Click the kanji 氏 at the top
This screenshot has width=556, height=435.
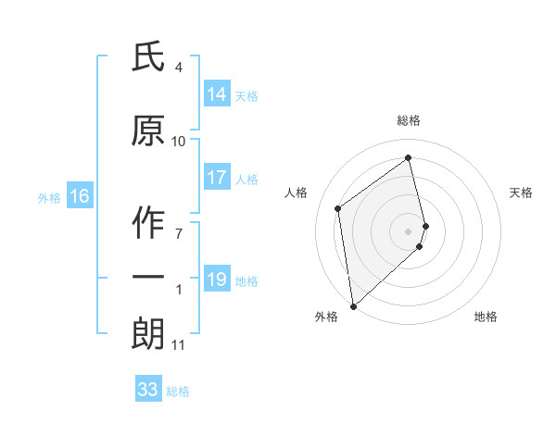[148, 58]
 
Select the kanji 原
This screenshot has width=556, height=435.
[148, 131]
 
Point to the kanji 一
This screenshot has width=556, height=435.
[148, 277]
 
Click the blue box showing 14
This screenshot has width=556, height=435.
[217, 94]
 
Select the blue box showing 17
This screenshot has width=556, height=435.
[217, 179]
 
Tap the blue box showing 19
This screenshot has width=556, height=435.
[217, 280]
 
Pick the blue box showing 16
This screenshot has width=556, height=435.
[80, 196]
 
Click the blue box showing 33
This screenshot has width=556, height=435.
[148, 390]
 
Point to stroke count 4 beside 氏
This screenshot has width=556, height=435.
[178, 68]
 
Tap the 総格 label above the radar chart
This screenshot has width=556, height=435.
[409, 120]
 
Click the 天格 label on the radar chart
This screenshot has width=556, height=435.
[522, 193]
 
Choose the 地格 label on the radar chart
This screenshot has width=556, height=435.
[486, 317]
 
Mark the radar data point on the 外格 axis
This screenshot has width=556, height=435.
[352, 305]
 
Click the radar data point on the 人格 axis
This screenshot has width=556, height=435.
[338, 208]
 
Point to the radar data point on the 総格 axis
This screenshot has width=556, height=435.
[409, 158]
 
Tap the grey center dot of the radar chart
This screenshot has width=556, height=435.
[409, 230]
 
